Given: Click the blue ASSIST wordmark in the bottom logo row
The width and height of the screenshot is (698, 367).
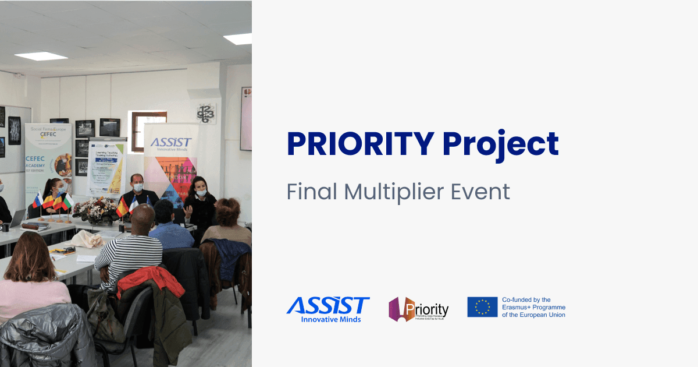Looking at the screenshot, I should [328, 305].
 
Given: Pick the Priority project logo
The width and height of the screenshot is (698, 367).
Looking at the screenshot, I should [419, 309].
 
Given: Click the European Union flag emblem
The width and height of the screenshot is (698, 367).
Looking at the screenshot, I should [482, 307].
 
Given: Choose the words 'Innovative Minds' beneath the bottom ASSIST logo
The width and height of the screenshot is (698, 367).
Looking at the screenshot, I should [330, 319].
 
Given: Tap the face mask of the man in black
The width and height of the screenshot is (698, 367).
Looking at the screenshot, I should [138, 188].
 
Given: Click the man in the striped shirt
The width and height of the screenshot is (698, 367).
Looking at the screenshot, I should [129, 250].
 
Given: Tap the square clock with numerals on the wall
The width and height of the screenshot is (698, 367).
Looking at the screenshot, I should [206, 113].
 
